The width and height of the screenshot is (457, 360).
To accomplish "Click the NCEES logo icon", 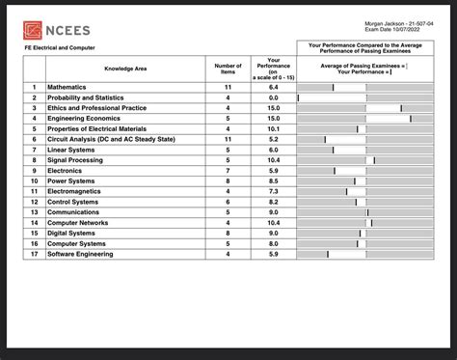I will click(34, 29).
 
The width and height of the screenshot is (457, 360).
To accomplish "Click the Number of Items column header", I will click(228, 69).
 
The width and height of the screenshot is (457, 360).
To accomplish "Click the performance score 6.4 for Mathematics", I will click(273, 87).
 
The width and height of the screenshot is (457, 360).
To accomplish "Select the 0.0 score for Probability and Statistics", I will click(273, 97).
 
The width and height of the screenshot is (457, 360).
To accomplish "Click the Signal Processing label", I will click(75, 159).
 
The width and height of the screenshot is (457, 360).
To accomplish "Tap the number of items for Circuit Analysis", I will click(228, 139).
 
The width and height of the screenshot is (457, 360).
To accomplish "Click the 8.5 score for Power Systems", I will click(273, 180).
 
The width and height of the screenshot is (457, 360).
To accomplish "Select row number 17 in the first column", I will click(34, 254).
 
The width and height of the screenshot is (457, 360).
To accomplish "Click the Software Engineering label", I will click(80, 254).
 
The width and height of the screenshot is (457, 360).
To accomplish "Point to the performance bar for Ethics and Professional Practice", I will click(365, 108).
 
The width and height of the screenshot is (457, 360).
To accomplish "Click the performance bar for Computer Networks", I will click(365, 222).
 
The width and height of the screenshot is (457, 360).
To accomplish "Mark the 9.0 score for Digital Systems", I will click(273, 233).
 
